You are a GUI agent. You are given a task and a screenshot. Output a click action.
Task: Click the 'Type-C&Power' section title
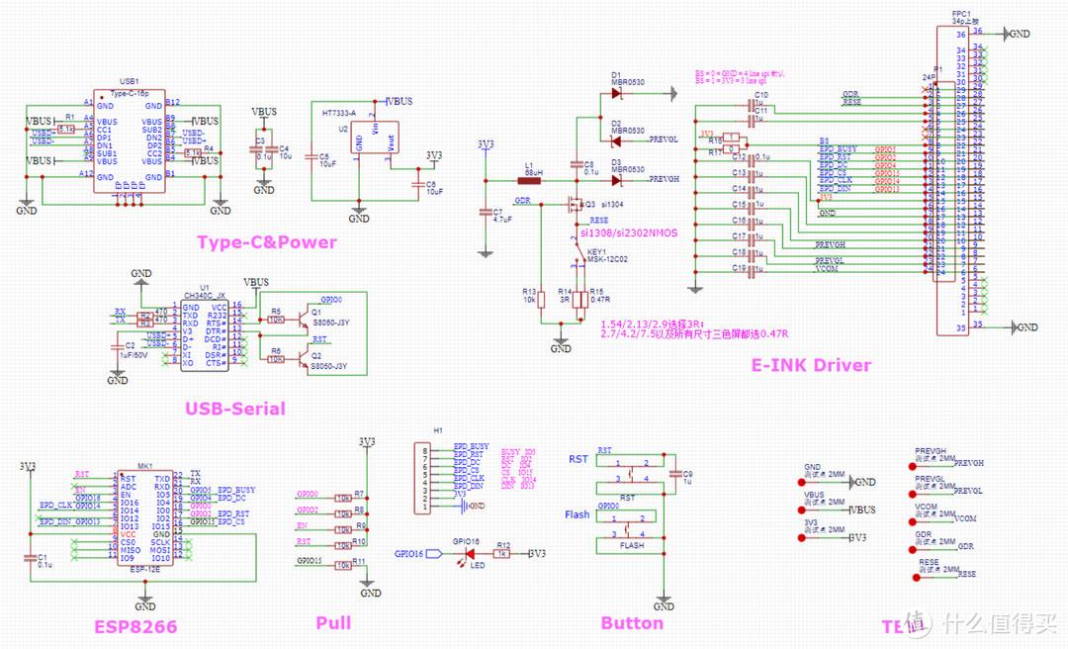266,242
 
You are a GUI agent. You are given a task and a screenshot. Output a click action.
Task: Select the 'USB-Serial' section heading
234,409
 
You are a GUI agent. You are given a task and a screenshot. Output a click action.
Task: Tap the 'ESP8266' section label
136,626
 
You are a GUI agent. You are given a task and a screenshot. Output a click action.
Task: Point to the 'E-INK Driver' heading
811,365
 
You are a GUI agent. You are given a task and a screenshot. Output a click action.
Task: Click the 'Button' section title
632,623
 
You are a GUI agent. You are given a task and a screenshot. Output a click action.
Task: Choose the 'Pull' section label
333,623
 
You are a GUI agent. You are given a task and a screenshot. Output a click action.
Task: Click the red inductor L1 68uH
531,180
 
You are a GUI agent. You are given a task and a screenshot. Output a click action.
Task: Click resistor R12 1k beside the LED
503,554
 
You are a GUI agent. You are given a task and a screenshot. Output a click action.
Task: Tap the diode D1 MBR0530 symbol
616,94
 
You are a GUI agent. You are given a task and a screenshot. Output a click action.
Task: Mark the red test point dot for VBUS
800,510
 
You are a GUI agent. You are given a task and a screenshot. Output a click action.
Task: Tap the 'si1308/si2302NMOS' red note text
629,232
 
